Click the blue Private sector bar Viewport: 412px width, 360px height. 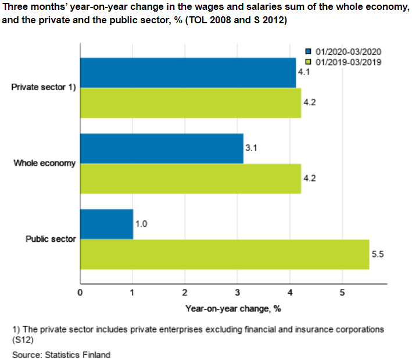(x=188, y=73)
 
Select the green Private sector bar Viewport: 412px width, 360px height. (x=190, y=103)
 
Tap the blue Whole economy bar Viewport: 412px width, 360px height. (x=162, y=148)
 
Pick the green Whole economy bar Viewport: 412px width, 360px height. (x=190, y=179)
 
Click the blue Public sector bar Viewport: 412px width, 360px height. (x=106, y=224)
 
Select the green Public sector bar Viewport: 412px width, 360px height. (x=224, y=254)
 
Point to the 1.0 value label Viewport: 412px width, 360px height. (x=142, y=224)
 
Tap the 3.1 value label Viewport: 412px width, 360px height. (x=252, y=148)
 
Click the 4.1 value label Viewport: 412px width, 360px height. (x=303, y=73)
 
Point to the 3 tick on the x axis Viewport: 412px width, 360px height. (x=237, y=292)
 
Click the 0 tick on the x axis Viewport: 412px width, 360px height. (x=80, y=292)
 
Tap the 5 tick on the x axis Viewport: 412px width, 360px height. (x=342, y=292)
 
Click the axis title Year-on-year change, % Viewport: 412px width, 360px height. (x=233, y=308)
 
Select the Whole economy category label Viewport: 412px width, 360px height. (x=45, y=163)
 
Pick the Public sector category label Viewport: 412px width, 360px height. (x=51, y=239)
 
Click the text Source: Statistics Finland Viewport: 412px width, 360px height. (x=61, y=354)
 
